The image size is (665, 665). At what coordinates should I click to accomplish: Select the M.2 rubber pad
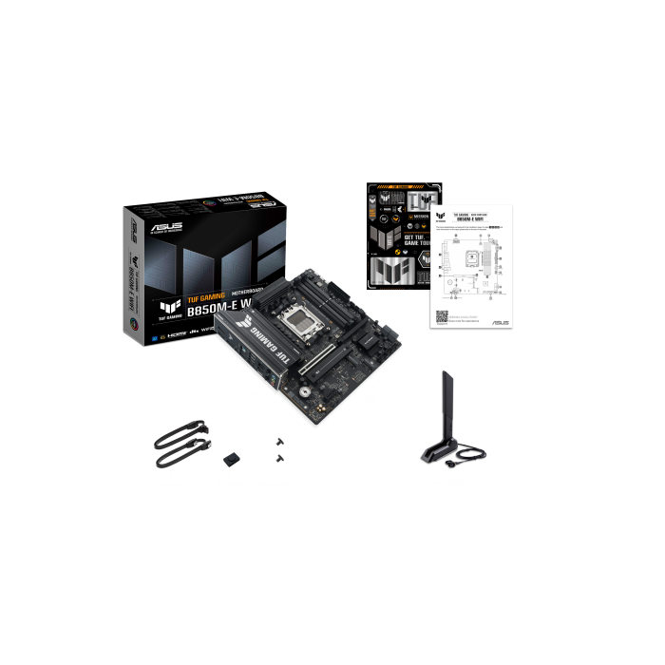tap(232, 459)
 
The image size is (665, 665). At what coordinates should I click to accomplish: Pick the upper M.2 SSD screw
tap(278, 442)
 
